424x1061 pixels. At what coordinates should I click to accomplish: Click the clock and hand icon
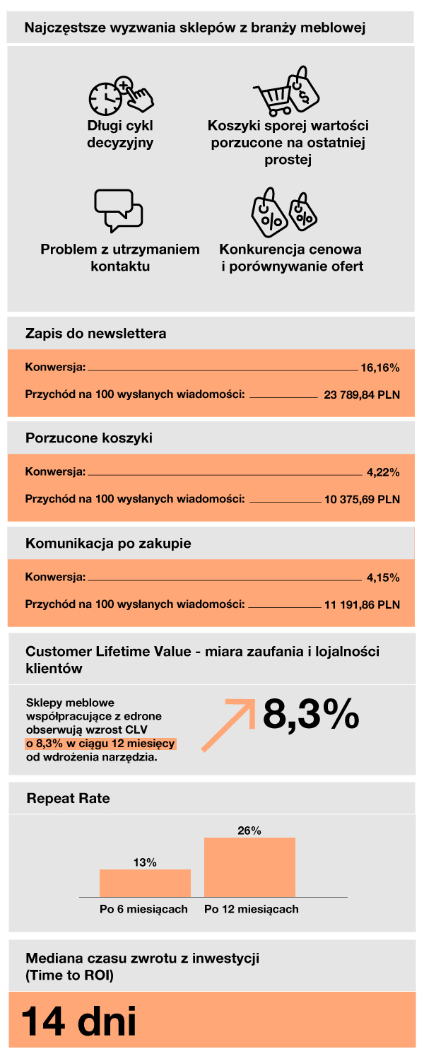121,96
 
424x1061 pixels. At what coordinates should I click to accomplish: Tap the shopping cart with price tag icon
286,92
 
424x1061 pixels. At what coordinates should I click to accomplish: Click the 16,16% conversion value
380,368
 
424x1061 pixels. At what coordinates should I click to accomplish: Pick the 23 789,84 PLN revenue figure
362,394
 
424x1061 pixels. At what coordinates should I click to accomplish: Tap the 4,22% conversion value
383,472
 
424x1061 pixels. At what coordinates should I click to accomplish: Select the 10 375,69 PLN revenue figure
362,499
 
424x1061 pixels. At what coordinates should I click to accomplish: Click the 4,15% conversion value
383,578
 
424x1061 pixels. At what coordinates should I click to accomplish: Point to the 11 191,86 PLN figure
362,604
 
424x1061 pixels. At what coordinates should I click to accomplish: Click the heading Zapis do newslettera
96,333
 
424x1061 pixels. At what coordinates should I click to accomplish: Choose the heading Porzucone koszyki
89,438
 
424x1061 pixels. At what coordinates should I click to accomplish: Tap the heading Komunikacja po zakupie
108,544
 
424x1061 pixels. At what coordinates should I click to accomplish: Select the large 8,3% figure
311,715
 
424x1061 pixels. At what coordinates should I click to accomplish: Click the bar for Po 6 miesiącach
145,883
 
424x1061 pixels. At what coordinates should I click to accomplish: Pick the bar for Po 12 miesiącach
249,867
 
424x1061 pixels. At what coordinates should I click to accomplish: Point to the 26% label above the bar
249,831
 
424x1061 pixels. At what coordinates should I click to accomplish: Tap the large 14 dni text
78,1021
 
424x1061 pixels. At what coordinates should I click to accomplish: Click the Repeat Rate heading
68,799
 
